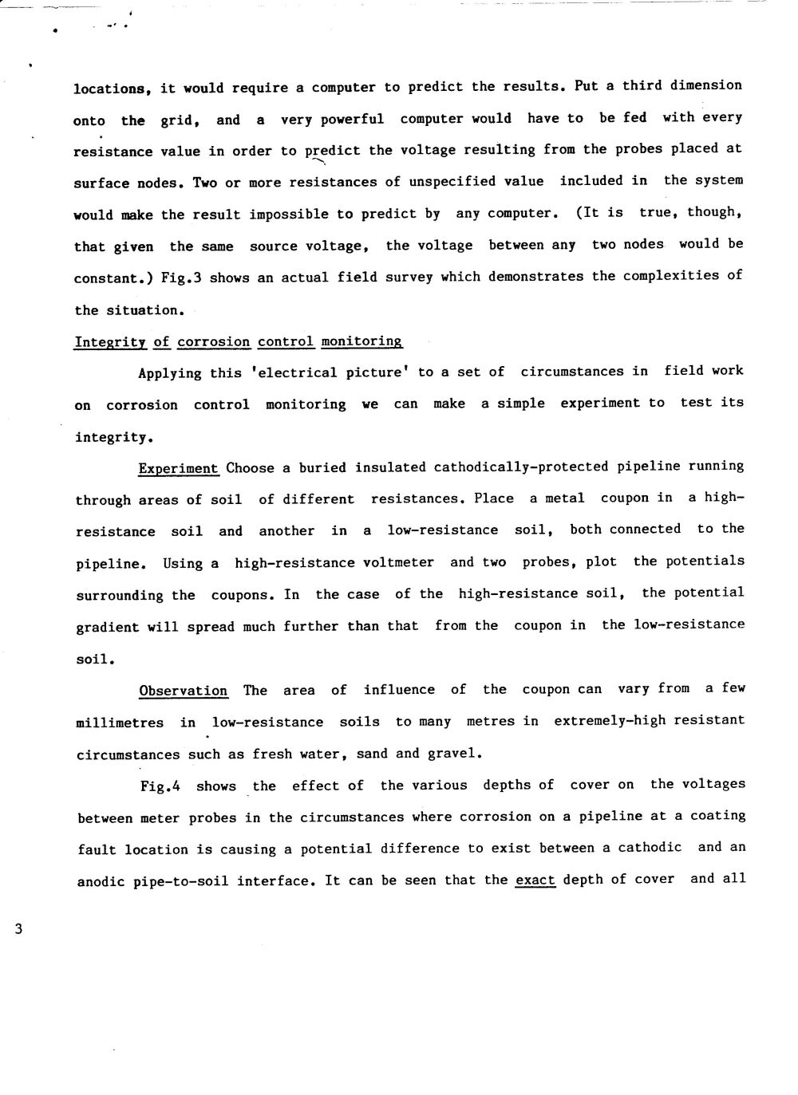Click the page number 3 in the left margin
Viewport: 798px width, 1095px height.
click(18, 928)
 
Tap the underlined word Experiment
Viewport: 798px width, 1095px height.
click(178, 468)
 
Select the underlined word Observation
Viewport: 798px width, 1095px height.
click(183, 691)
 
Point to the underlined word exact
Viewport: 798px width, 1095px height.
click(535, 880)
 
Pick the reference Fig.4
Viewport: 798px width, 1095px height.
click(160, 786)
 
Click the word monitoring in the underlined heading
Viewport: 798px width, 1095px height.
click(361, 341)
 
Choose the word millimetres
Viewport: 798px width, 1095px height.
click(120, 723)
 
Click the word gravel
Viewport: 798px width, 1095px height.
click(454, 754)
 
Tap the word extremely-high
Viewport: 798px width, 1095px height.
click(609, 721)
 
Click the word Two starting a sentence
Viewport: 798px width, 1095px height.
click(204, 182)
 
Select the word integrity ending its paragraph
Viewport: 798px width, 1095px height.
click(111, 438)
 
